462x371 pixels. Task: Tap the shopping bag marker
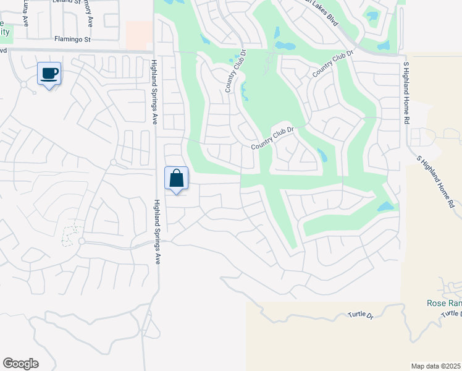tap(176, 179)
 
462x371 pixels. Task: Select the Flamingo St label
tap(72, 39)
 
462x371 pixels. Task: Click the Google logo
tap(20, 364)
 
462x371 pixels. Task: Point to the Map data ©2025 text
tap(435, 366)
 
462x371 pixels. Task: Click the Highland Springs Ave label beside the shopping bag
tap(157, 232)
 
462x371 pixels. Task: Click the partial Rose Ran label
tap(444, 303)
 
